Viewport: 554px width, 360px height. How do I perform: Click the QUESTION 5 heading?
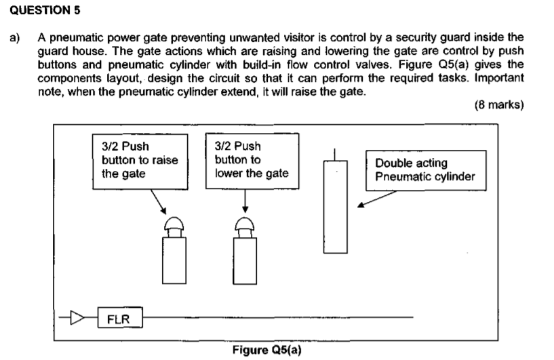click(45, 10)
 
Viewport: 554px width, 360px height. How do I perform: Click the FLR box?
click(120, 317)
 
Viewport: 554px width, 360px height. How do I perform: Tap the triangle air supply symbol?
click(77, 317)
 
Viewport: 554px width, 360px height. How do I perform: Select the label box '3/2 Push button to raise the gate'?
click(140, 161)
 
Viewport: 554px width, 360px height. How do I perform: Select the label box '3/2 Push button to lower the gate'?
click(252, 161)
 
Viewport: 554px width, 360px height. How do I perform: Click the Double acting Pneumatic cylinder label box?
click(426, 170)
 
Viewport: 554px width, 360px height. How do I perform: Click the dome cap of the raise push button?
click(174, 223)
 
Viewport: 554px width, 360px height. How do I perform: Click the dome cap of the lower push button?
click(245, 223)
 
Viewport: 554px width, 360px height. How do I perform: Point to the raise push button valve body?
click(174, 260)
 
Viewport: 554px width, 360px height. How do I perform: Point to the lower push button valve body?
click(245, 261)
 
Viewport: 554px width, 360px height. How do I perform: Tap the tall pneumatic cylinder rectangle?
click(335, 207)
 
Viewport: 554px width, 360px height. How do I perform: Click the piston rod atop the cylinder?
click(334, 155)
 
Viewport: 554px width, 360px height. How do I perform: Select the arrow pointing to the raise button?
click(158, 202)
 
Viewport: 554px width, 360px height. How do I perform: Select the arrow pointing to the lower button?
click(245, 201)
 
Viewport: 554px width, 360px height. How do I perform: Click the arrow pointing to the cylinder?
click(377, 199)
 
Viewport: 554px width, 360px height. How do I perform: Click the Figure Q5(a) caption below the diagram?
click(266, 350)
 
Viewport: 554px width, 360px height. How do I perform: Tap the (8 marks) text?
click(499, 104)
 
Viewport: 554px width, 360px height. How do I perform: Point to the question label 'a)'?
click(15, 37)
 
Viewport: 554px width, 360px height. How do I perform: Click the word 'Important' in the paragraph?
click(499, 78)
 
